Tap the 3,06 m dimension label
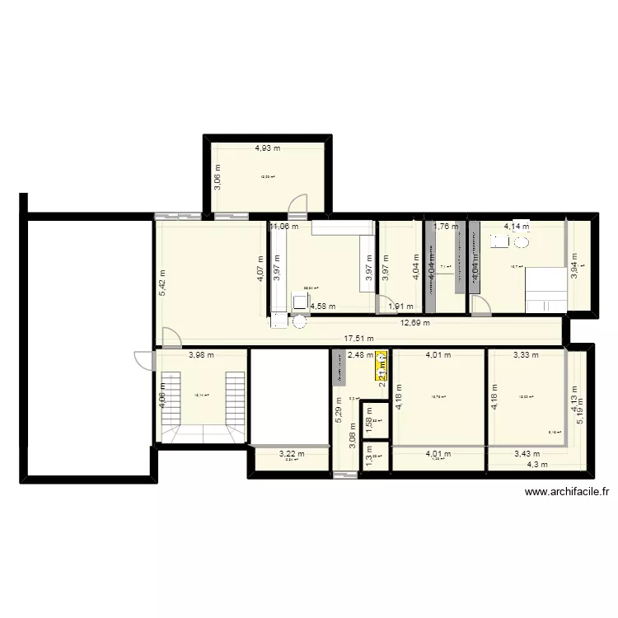click(x=218, y=176)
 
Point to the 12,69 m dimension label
click(x=414, y=323)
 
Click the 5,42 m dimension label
click(x=162, y=283)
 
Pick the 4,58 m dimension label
click(x=322, y=307)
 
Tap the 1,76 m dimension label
click(x=445, y=226)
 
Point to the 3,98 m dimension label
click(x=201, y=356)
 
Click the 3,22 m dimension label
click(x=291, y=453)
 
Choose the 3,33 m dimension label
click(x=525, y=356)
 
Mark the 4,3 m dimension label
click(x=536, y=465)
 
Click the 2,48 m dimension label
click(x=360, y=356)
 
